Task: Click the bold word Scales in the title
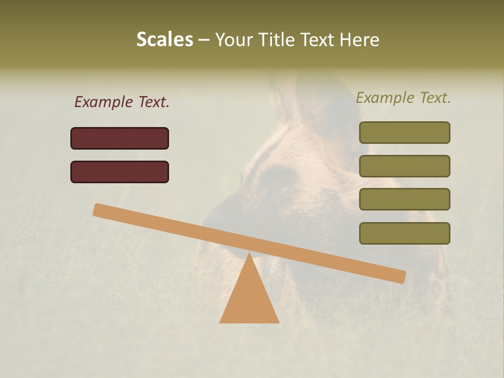(x=164, y=39)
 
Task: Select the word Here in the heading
(x=360, y=39)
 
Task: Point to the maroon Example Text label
(x=122, y=102)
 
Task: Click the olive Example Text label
(x=403, y=98)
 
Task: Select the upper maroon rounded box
(x=120, y=138)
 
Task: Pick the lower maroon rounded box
(x=120, y=172)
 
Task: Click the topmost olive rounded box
(x=404, y=132)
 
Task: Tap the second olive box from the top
(x=404, y=166)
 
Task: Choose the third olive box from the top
(x=404, y=199)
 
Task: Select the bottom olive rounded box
(x=404, y=233)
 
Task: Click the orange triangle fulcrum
(x=249, y=297)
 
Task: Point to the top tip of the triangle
(x=249, y=254)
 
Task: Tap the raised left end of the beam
(x=98, y=209)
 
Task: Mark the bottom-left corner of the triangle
(x=220, y=322)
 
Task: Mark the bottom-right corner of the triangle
(x=278, y=322)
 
